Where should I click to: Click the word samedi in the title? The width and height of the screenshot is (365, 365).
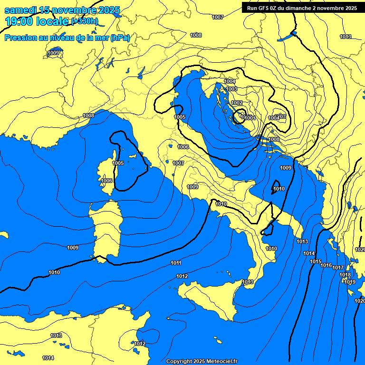pyautogui.click(x=21, y=10)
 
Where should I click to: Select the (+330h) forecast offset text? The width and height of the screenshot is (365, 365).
pyautogui.click(x=85, y=21)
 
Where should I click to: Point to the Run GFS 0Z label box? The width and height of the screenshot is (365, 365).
pyautogui.click(x=299, y=8)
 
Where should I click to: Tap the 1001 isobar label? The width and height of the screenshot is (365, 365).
pyautogui.click(x=250, y=118)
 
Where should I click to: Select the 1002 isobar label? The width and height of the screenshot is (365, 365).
pyautogui.click(x=237, y=103)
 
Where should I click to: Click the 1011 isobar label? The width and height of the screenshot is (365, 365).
pyautogui.click(x=176, y=263)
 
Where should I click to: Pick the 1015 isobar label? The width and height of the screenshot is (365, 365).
pyautogui.click(x=316, y=262)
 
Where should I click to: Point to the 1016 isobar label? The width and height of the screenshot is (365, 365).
pyautogui.click(x=326, y=265)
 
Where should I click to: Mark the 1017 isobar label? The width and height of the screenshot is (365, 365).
pyautogui.click(x=337, y=268)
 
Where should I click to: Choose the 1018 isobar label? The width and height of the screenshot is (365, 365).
pyautogui.click(x=345, y=275)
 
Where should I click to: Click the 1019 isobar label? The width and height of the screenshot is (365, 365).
pyautogui.click(x=350, y=282)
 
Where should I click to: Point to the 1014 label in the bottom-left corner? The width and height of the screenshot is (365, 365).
pyautogui.click(x=48, y=358)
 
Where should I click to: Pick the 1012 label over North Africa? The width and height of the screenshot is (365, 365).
pyautogui.click(x=140, y=344)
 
